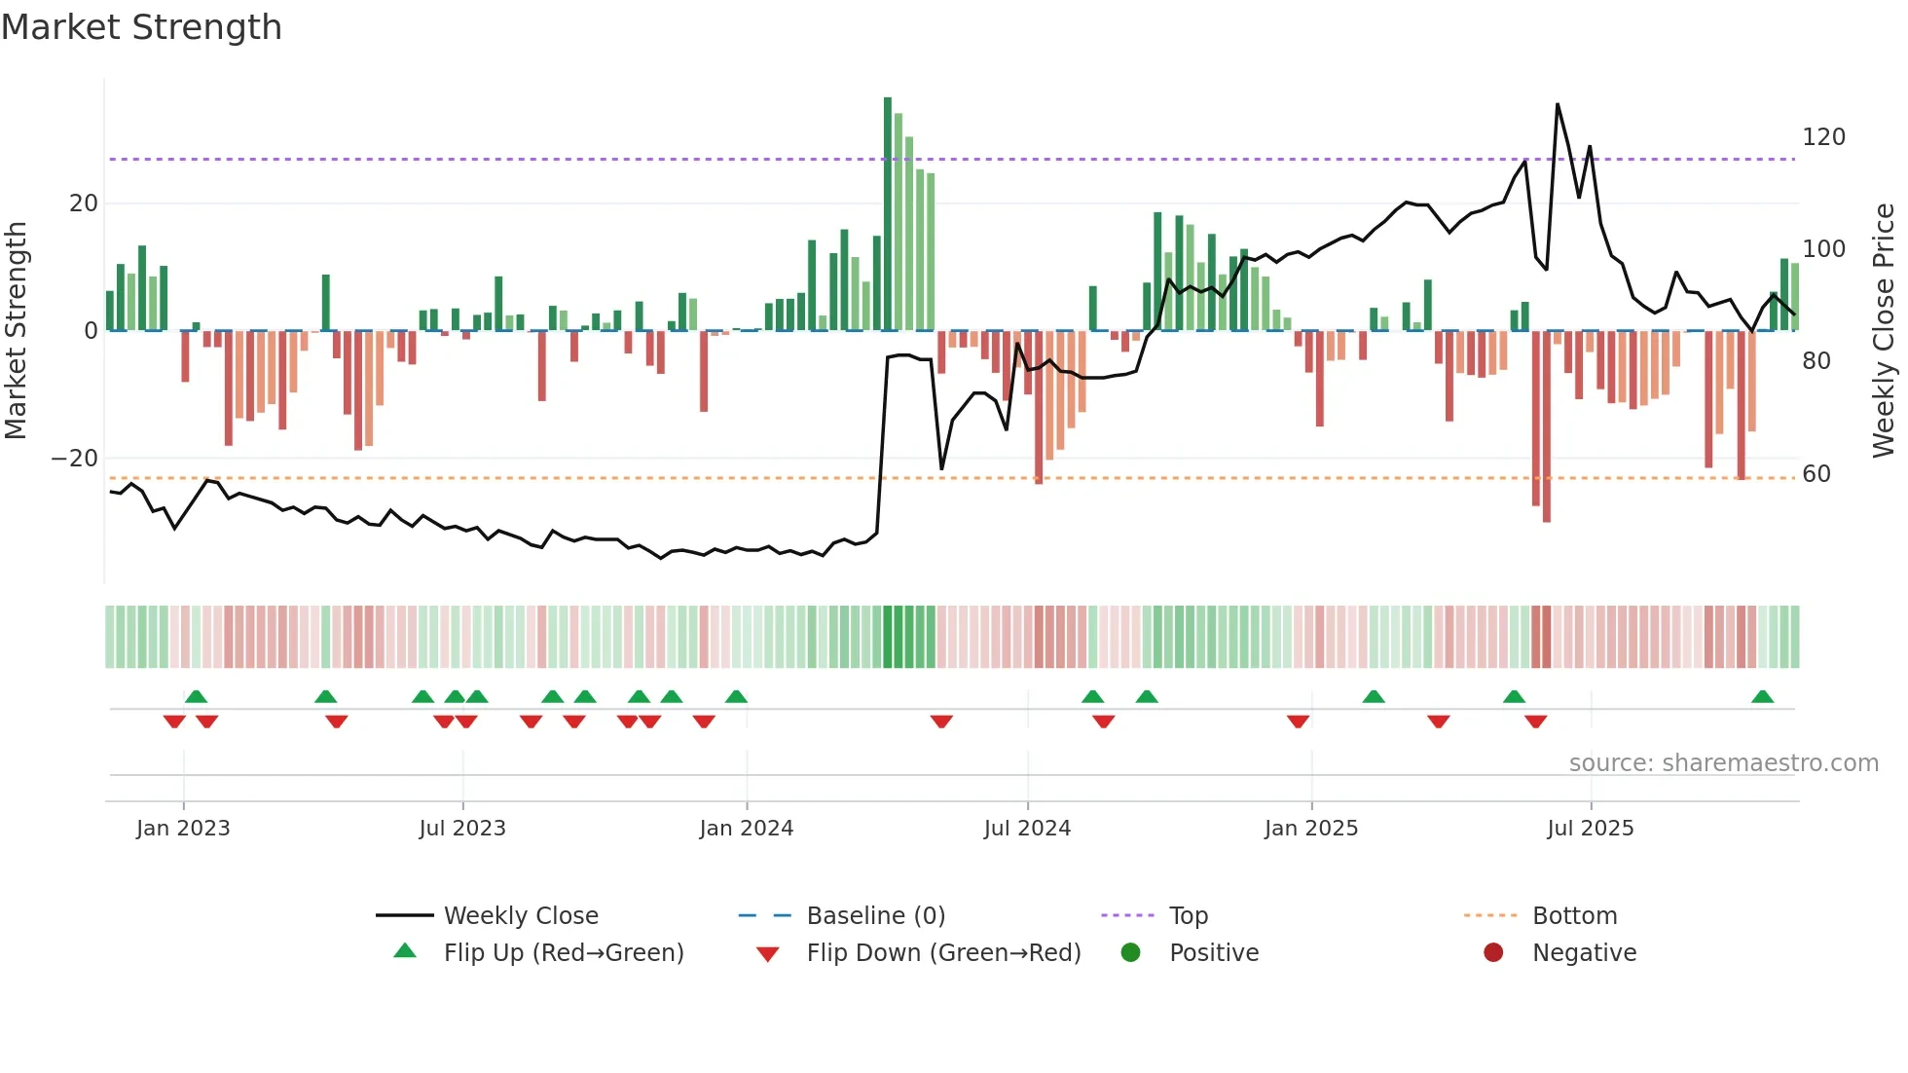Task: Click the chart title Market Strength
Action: tap(141, 27)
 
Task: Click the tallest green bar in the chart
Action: tap(888, 214)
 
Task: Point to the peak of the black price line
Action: tap(1558, 105)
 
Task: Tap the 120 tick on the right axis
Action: tap(1823, 137)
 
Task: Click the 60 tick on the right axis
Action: tap(1816, 474)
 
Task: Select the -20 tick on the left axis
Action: tap(75, 459)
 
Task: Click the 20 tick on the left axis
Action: tap(84, 203)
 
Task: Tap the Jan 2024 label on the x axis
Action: tap(747, 829)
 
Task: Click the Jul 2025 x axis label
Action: tap(1591, 829)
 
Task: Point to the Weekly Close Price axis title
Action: tap(1885, 331)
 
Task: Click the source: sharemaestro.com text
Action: tap(1723, 763)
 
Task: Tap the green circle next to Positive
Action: tap(1130, 953)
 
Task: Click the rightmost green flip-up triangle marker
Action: tap(1762, 697)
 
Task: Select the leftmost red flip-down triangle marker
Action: tap(174, 721)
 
